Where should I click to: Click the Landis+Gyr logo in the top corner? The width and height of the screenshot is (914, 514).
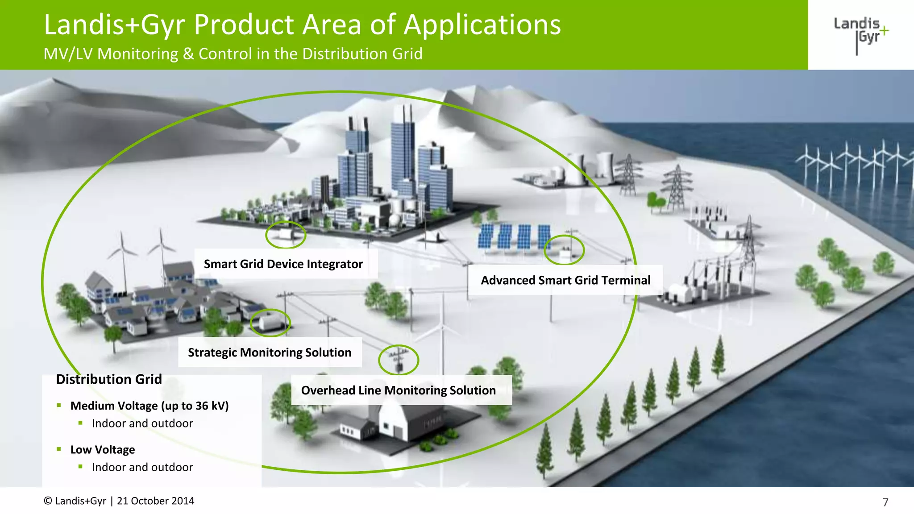tap(860, 34)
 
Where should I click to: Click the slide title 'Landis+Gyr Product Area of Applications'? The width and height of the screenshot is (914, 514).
tap(302, 25)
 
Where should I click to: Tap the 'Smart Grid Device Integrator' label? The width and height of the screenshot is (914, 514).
tap(283, 264)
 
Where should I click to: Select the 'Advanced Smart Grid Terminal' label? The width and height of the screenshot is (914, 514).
tap(565, 280)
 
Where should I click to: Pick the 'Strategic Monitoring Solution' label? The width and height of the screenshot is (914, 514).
tap(270, 352)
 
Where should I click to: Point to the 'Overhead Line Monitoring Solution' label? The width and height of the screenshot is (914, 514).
tap(398, 390)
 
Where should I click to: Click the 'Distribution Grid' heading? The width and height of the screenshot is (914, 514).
tap(109, 379)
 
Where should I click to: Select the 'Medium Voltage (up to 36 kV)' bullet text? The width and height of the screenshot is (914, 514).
tap(150, 406)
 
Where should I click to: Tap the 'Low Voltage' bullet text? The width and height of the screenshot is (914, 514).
tap(103, 450)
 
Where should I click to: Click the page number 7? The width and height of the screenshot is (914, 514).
tap(885, 502)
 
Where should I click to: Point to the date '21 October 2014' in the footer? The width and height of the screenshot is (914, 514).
tap(155, 501)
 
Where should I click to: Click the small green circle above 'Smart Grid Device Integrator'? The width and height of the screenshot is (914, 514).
tap(286, 235)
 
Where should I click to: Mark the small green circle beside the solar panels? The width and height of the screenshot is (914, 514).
tap(564, 250)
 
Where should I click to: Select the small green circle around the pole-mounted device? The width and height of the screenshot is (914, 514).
tap(399, 360)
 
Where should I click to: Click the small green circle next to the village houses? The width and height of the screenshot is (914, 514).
tap(270, 323)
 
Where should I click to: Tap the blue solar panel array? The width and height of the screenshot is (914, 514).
tap(513, 236)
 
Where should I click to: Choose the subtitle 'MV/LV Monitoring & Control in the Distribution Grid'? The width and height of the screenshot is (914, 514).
tap(233, 54)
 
